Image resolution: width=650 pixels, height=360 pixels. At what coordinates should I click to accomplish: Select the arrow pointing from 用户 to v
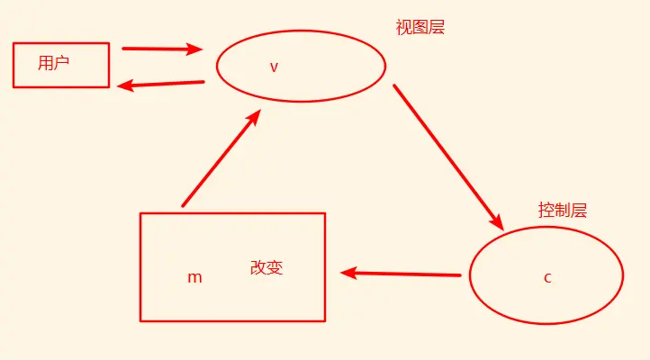tap(162, 49)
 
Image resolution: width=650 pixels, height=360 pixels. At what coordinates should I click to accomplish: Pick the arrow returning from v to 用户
tap(162, 85)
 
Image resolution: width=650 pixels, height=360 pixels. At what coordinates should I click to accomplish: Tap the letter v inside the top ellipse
tap(274, 67)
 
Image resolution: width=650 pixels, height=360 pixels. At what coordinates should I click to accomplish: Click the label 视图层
tap(420, 27)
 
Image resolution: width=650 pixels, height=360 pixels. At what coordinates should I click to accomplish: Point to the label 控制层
tap(563, 211)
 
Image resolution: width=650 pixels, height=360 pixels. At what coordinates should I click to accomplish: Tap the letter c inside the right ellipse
tap(547, 277)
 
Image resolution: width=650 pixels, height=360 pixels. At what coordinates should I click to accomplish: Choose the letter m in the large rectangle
tap(194, 277)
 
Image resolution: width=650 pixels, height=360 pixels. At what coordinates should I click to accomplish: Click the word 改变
tap(266, 267)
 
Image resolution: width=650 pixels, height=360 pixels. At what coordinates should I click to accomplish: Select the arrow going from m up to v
tap(221, 158)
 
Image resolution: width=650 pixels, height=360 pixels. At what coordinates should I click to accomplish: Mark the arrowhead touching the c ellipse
tap(495, 220)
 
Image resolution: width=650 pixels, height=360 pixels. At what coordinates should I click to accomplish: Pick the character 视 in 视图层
tap(404, 27)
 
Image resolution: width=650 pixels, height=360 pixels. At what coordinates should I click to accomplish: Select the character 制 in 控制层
tap(563, 211)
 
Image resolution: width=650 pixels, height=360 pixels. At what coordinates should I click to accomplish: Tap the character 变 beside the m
tap(275, 267)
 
